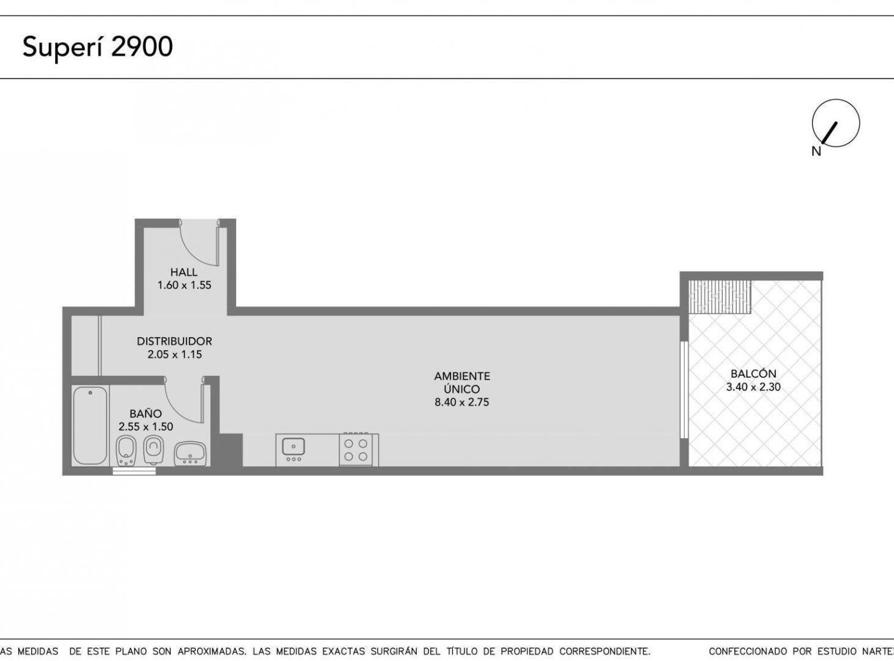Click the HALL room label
(184, 272)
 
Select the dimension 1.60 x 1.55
(184, 285)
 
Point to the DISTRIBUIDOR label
(174, 341)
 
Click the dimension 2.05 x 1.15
(174, 354)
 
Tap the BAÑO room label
(146, 413)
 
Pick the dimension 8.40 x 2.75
(462, 402)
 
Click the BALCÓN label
(753, 373)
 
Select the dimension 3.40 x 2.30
(753, 387)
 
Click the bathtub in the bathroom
(91, 425)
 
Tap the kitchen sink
(294, 447)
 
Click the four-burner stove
(359, 450)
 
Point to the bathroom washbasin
(190, 454)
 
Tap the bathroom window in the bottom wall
(134, 471)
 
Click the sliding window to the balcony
(684, 390)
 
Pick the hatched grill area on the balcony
(720, 297)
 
